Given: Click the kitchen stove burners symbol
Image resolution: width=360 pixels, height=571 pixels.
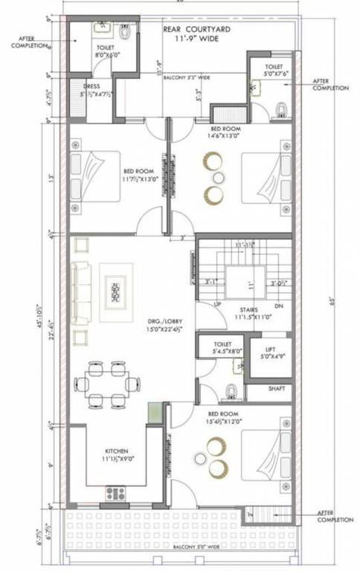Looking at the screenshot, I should [115, 492].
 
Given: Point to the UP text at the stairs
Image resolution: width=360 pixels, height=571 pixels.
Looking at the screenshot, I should [218, 305].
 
